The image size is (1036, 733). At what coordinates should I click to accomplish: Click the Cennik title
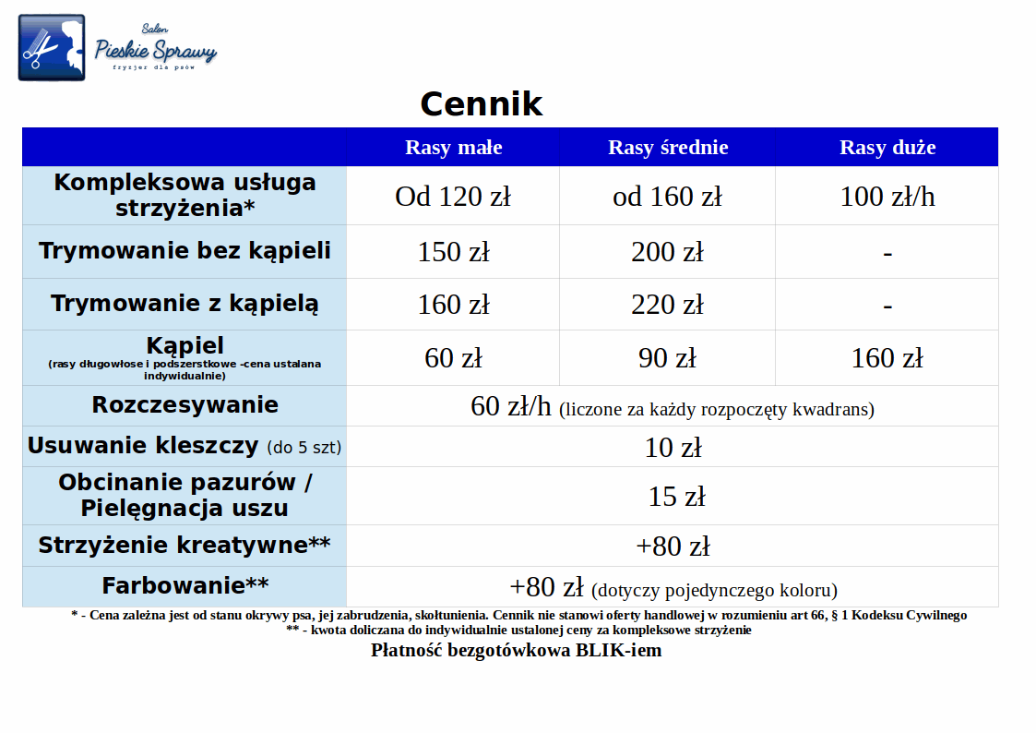pos(481,103)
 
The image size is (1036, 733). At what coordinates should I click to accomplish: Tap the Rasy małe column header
pos(453,147)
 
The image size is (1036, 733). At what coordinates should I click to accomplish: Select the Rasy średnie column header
pos(668,147)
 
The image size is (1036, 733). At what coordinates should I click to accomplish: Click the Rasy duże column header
pos(887,147)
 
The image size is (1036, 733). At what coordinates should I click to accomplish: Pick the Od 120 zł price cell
pos(453,197)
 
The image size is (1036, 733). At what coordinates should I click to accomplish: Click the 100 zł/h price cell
pos(887,197)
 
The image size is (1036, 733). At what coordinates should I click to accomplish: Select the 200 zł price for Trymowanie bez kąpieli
pos(667,252)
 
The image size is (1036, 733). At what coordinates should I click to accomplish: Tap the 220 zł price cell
pos(667,305)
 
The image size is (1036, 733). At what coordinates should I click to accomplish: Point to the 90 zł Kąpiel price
pos(667,358)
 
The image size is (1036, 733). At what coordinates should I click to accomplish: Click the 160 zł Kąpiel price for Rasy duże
pos(887,358)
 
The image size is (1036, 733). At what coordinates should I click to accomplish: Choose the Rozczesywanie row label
pos(185,404)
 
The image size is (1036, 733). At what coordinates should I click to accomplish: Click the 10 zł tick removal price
pos(673,448)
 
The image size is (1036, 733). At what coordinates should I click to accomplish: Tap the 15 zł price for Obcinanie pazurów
pos(676,497)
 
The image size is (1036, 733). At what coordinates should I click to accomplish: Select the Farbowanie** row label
pos(185,585)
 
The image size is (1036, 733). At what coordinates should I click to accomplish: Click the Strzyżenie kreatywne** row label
pos(185,546)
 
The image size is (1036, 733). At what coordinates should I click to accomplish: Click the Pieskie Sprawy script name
pos(155,50)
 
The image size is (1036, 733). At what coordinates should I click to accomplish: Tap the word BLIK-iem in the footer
pos(618,651)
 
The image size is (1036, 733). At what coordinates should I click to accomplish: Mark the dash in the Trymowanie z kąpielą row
pos(887,306)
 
